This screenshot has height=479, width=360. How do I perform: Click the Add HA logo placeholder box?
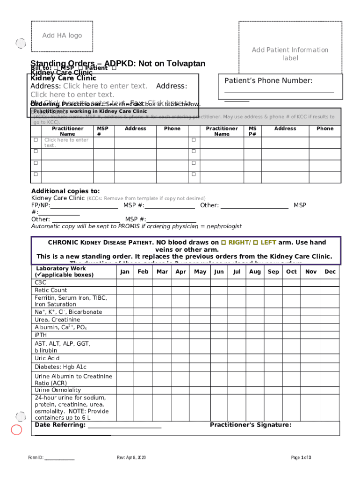[x=62, y=36]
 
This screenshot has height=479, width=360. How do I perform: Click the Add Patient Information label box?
[x=290, y=54]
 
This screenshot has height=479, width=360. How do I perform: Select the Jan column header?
[x=124, y=272]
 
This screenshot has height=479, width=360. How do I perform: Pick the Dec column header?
[x=330, y=272]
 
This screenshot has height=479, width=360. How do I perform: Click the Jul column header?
[x=237, y=272]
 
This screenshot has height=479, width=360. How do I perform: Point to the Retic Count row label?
[x=51, y=290]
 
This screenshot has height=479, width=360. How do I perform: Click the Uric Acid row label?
[x=47, y=358]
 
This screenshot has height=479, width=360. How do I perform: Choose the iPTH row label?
[x=41, y=335]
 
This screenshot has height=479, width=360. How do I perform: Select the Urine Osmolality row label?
[x=58, y=390]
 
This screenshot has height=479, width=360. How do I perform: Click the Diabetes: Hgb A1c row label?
[x=60, y=367]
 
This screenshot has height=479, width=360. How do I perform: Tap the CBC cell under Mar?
[x=162, y=283]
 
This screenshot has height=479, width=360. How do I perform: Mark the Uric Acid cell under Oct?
[x=291, y=358]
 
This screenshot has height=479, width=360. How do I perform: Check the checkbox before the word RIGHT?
[x=223, y=242]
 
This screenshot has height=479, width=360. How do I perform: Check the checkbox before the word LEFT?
[x=255, y=242]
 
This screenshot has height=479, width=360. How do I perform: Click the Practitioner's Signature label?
[x=251, y=425]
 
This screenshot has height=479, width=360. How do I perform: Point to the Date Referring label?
[x=60, y=425]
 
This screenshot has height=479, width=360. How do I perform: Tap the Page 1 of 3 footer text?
[x=301, y=457]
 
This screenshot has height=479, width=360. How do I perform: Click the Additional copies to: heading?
[x=65, y=191]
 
